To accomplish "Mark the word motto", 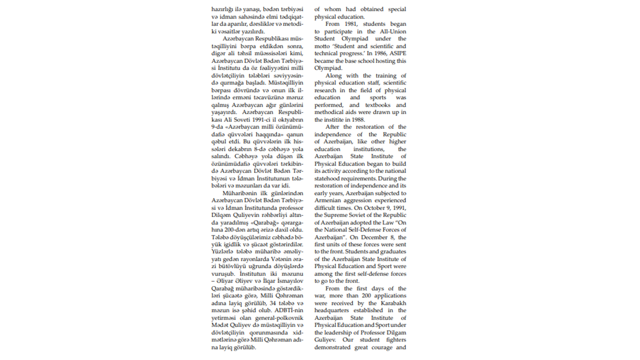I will click(323, 46).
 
